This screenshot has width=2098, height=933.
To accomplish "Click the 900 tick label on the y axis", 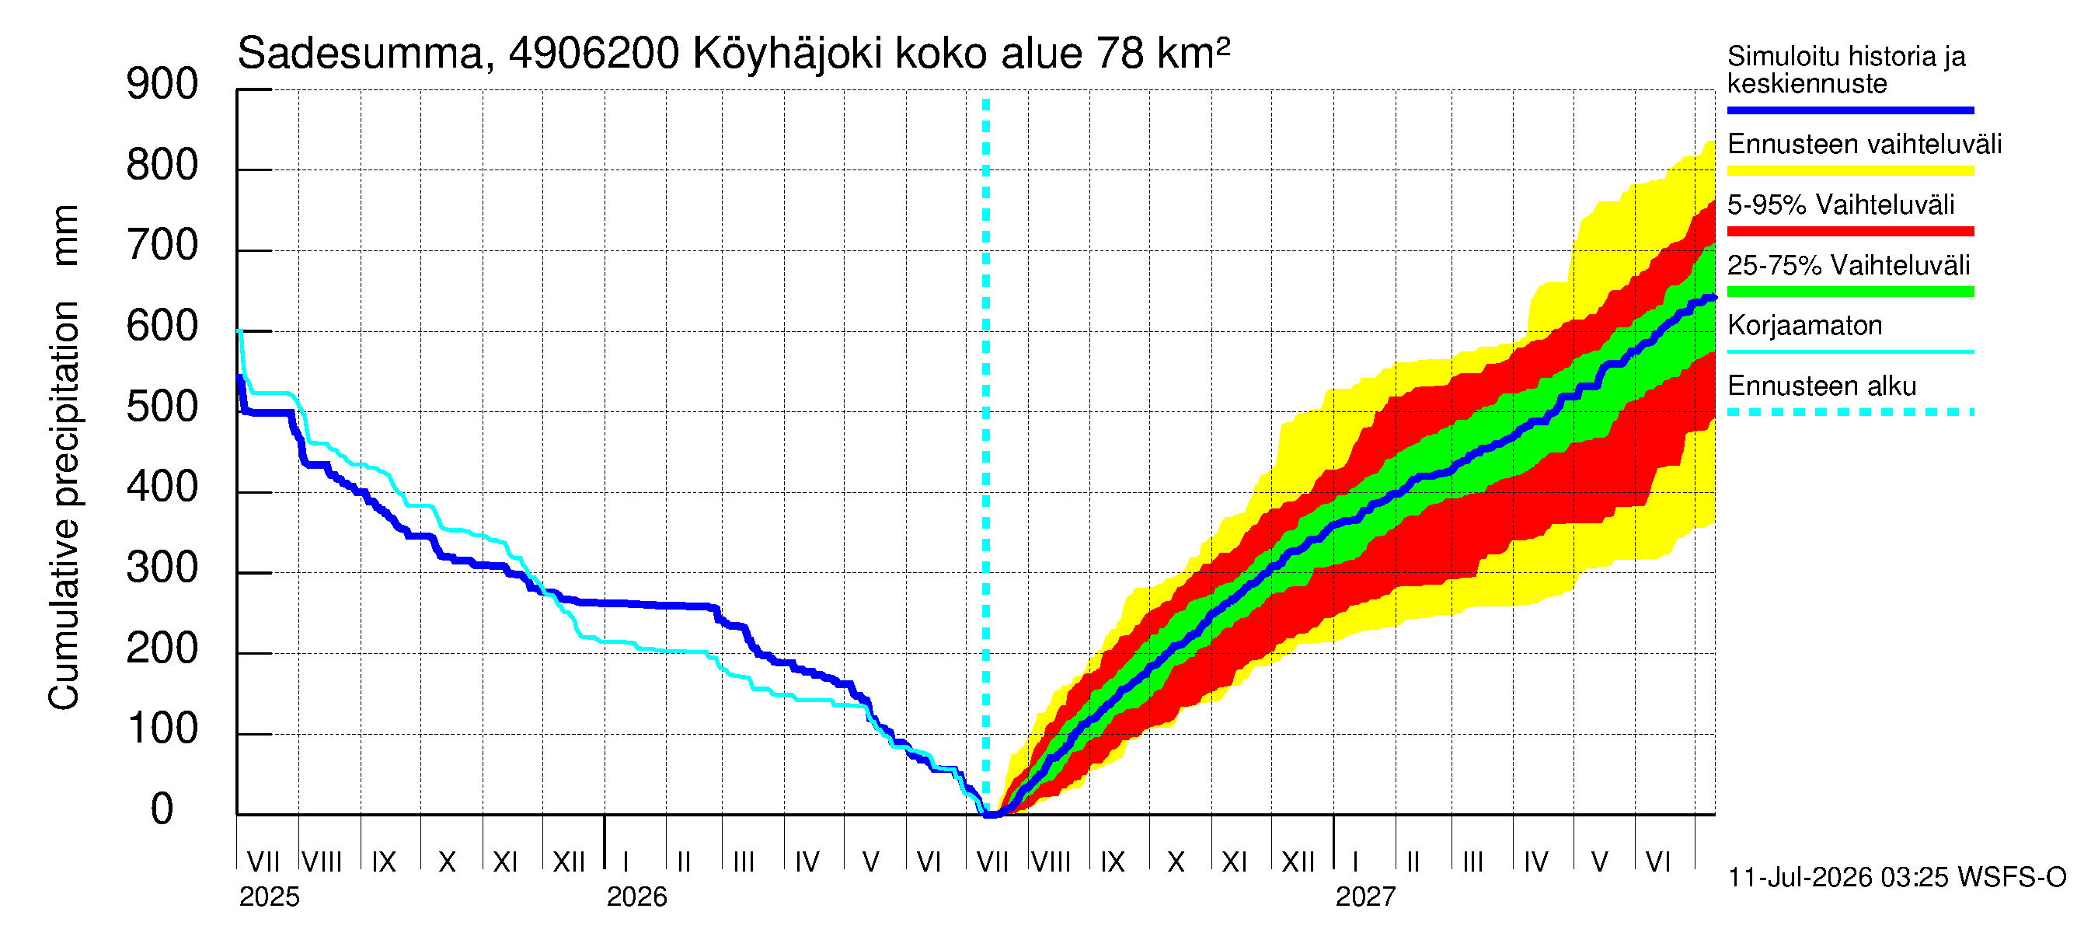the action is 162,85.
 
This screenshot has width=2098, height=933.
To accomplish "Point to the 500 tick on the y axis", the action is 254,412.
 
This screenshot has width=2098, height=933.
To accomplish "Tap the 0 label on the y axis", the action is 162,809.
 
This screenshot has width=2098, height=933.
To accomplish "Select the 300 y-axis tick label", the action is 162,568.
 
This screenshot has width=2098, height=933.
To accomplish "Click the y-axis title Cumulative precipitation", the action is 64,505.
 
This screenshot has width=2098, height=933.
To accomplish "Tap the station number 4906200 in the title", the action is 594,54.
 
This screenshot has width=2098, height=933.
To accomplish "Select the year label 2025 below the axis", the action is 270,897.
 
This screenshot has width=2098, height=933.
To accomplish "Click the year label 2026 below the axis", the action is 637,897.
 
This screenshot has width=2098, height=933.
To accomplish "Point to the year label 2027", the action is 1366,897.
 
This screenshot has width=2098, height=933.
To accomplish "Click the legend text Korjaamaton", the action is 1805,326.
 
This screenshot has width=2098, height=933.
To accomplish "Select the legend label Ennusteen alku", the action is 1822,386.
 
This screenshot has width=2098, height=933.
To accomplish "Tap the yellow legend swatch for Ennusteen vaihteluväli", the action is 1850,171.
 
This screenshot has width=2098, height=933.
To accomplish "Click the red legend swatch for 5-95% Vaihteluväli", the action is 1850,232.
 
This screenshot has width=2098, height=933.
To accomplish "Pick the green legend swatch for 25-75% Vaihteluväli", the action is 1850,292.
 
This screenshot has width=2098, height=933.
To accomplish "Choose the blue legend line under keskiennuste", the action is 1850,110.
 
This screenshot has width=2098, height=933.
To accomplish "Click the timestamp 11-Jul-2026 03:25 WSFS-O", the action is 1897,878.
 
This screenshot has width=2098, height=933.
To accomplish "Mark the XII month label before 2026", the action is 569,862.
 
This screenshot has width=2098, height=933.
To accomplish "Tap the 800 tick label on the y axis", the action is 162,166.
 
